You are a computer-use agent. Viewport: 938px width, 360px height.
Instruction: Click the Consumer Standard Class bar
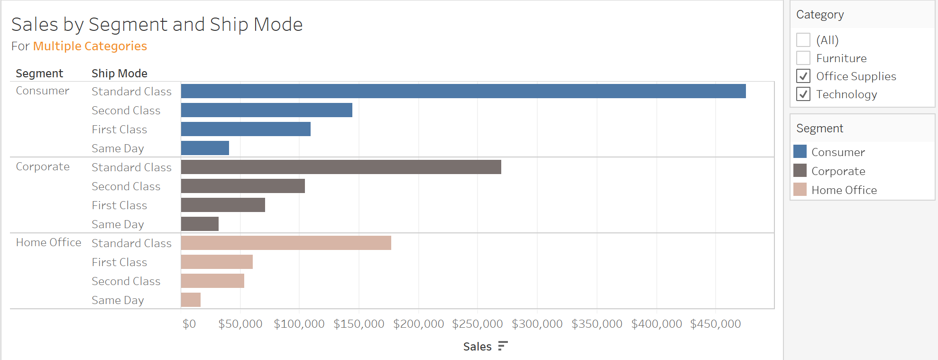click(x=463, y=91)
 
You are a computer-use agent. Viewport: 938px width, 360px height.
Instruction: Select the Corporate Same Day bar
click(x=200, y=224)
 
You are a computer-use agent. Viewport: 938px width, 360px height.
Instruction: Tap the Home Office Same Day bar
click(x=191, y=300)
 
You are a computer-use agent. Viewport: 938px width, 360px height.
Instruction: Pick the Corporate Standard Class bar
click(x=341, y=167)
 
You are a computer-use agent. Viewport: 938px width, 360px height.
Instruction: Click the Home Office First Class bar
click(x=217, y=262)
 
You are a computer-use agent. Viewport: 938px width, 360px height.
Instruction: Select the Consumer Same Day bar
click(x=205, y=148)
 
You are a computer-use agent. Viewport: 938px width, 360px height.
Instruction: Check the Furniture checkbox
click(x=803, y=58)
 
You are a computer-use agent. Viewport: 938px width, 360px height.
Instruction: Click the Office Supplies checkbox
click(x=803, y=76)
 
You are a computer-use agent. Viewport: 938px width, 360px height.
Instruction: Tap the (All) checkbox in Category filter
click(x=803, y=40)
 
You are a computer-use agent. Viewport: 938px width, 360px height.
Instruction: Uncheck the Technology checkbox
click(x=803, y=94)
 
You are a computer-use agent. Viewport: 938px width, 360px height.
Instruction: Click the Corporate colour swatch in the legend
click(x=800, y=171)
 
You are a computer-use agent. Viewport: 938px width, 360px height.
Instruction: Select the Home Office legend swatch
click(x=800, y=190)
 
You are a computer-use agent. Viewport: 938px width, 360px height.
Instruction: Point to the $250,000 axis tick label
click(x=478, y=324)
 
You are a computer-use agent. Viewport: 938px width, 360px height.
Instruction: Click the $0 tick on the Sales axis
click(x=189, y=324)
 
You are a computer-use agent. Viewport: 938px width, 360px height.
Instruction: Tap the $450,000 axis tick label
click(x=716, y=324)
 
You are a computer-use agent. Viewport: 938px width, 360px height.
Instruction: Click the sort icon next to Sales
click(x=503, y=346)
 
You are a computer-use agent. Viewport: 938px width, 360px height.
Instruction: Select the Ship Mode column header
click(x=120, y=74)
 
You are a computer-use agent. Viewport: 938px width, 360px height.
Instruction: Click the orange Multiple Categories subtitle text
click(x=90, y=46)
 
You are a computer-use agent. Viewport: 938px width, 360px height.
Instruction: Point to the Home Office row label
click(x=48, y=242)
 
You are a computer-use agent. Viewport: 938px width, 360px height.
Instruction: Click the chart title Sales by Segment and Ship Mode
click(x=157, y=25)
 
